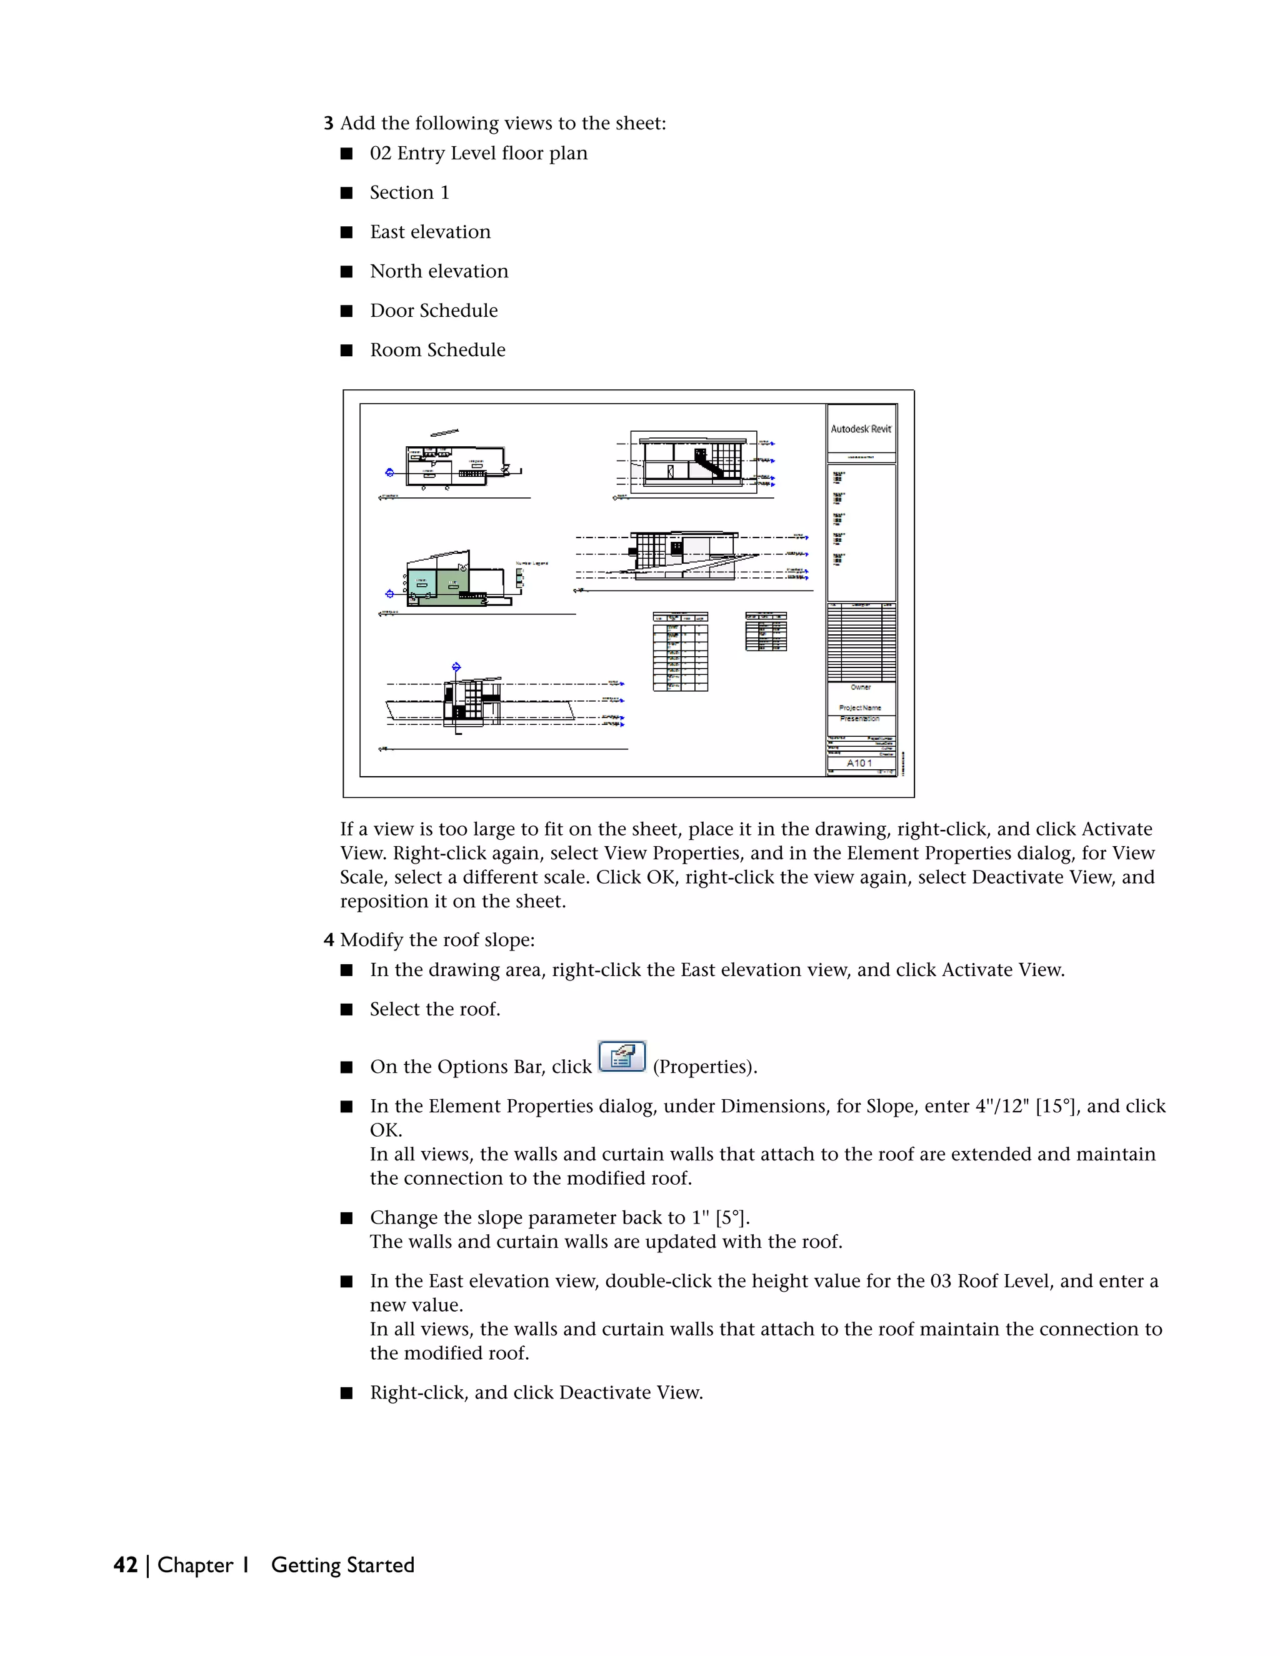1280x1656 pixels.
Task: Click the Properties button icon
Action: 622,1056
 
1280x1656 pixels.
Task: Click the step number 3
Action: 328,124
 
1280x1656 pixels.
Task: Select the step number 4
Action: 328,940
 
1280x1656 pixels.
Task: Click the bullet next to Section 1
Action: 346,193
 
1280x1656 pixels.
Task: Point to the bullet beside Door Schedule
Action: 346,311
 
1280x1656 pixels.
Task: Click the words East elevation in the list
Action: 430,232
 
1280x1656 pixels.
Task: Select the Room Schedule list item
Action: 437,351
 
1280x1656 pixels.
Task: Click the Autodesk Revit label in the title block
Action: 861,429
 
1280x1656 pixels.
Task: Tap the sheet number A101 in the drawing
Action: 859,763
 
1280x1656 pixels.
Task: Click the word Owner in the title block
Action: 861,687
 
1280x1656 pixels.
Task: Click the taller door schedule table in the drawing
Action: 680,651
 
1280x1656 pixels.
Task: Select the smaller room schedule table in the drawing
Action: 766,632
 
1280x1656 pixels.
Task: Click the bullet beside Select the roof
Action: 346,1010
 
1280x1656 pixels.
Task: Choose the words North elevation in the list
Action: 439,271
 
